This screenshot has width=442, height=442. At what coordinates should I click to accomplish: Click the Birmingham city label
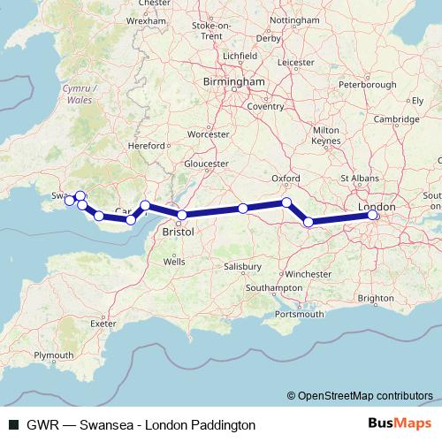[235, 81]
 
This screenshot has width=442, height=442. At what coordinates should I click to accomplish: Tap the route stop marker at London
[373, 215]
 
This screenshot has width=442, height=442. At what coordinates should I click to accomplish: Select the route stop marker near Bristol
[182, 215]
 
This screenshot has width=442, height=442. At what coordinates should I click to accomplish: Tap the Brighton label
[377, 298]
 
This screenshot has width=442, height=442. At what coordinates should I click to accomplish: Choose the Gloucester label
[206, 164]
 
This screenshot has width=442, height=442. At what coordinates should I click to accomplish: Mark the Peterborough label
[368, 85]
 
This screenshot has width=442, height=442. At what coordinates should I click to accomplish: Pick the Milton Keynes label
[326, 135]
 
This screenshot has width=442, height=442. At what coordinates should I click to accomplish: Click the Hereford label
[147, 145]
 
